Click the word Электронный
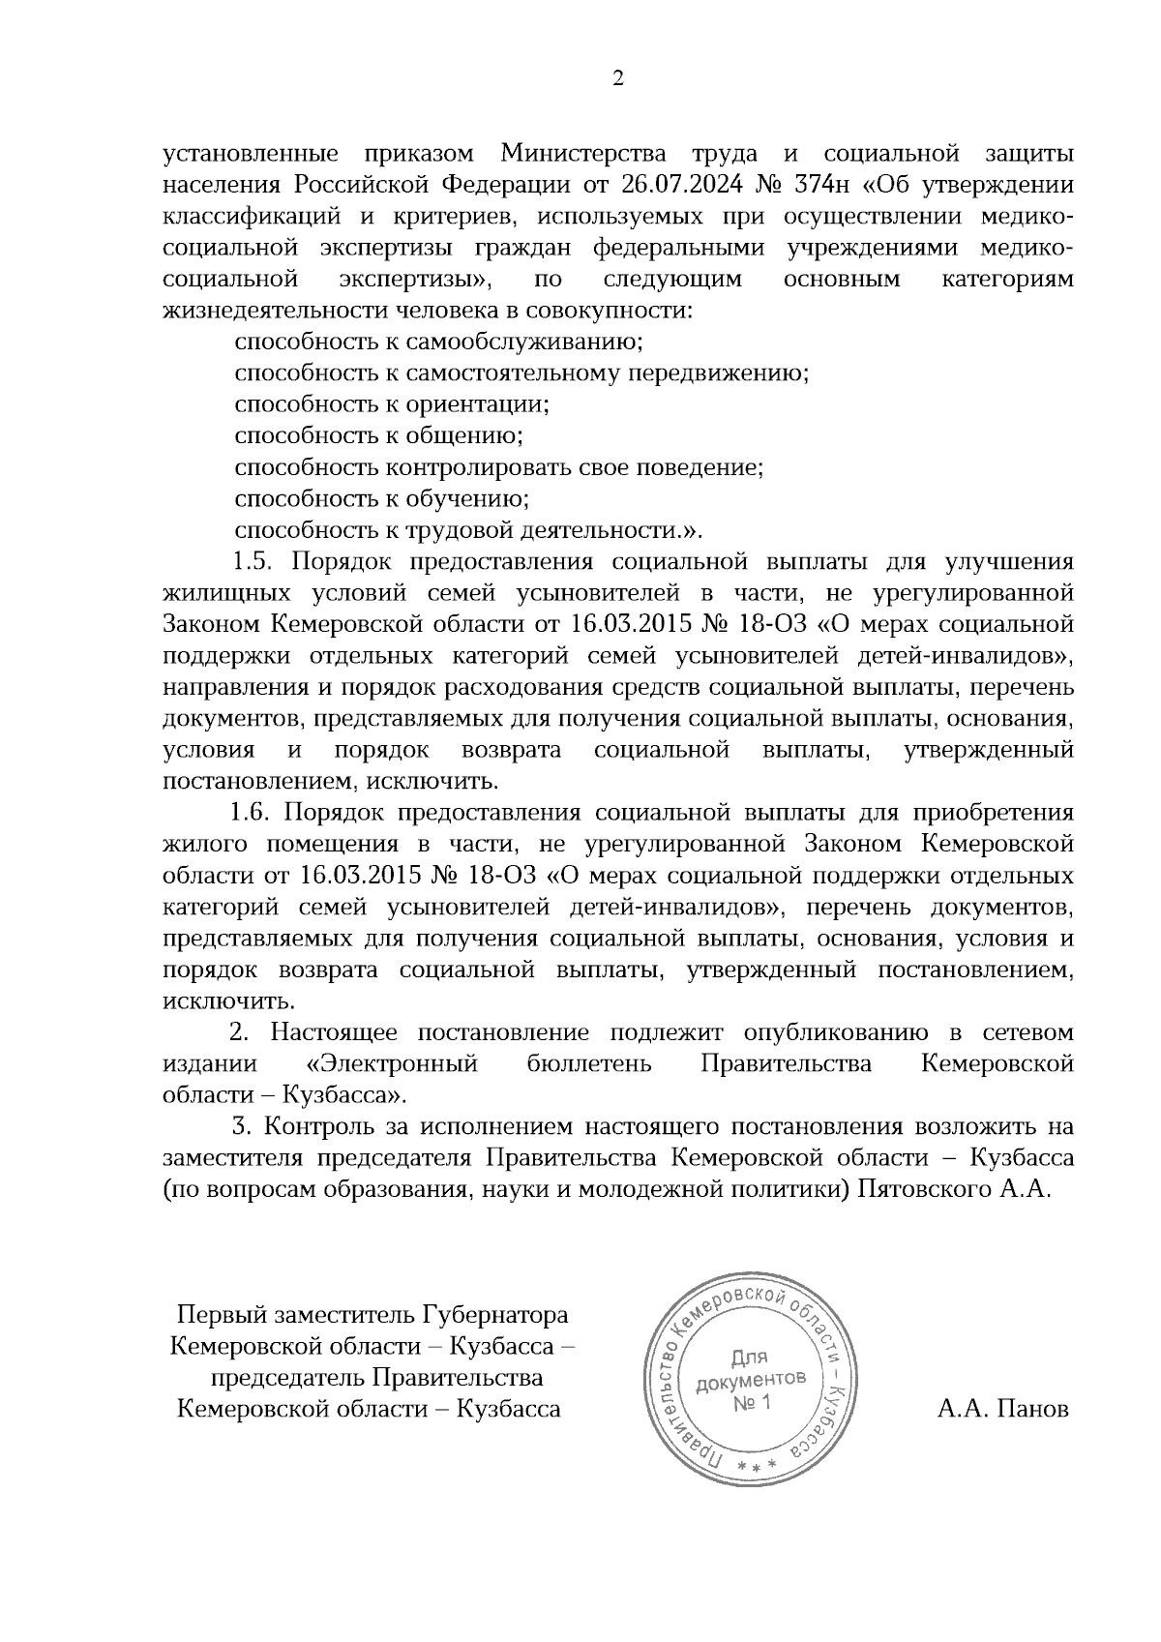pos(392,1064)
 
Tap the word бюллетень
pos(589,1064)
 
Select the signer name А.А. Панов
pos(1003,1409)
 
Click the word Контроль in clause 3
pos(313,1127)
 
